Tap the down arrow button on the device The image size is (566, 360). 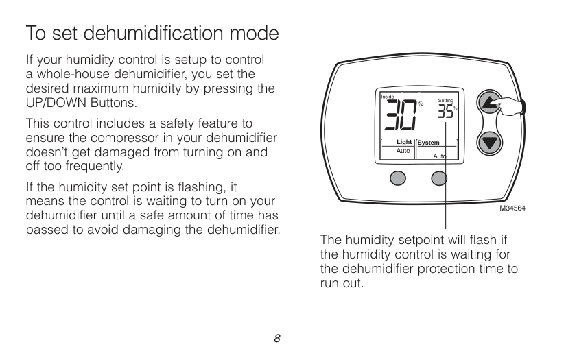point(488,143)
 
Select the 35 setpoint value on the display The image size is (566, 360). point(446,112)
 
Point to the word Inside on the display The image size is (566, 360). point(387,97)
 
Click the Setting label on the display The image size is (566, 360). point(445,101)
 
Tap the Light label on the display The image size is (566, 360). point(404,142)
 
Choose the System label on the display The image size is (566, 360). point(429,143)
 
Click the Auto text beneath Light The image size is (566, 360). point(403,149)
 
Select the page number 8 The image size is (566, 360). point(277,338)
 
